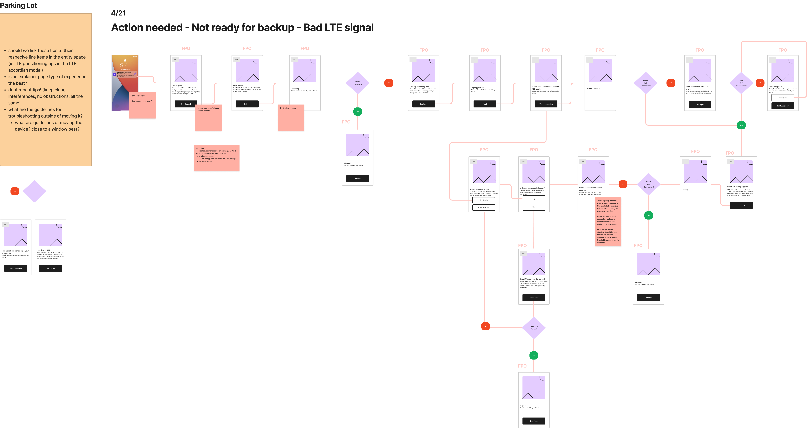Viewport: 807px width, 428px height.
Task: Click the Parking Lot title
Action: (x=18, y=5)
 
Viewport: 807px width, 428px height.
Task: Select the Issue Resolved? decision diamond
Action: (x=358, y=83)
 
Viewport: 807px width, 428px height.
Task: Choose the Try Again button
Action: (x=483, y=200)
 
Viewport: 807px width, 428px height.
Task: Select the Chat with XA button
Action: (x=483, y=208)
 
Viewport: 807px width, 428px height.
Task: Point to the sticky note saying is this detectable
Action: (x=143, y=105)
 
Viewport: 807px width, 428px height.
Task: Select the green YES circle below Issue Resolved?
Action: (x=358, y=112)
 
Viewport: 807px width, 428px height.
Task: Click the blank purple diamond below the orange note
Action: (x=34, y=191)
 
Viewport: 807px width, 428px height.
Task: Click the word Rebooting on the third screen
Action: (x=295, y=89)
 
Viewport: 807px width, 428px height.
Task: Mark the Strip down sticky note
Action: (x=216, y=158)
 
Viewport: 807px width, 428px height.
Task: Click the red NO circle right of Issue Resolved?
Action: (x=388, y=83)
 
